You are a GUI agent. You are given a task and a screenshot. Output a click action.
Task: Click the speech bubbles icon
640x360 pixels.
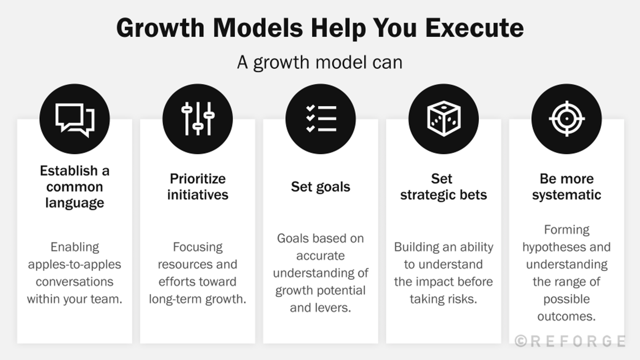click(75, 118)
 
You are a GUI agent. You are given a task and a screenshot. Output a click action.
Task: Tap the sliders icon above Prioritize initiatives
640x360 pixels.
click(198, 118)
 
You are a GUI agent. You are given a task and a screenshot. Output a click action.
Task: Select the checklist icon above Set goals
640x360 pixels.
click(321, 118)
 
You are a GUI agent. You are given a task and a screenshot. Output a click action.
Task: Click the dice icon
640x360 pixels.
click(443, 118)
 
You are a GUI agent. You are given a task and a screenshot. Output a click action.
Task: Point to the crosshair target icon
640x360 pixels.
click(566, 118)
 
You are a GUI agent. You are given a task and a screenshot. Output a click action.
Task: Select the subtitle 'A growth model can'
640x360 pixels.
click(320, 62)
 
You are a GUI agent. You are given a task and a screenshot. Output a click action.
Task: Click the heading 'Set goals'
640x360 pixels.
click(321, 187)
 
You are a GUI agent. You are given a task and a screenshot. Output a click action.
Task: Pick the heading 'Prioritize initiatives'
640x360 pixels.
click(198, 187)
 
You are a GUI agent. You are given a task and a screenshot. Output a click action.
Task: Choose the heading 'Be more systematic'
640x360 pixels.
click(566, 187)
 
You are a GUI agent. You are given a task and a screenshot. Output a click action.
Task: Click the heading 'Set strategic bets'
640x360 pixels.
click(443, 187)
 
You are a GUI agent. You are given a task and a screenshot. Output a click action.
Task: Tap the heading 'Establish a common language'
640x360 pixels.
click(75, 187)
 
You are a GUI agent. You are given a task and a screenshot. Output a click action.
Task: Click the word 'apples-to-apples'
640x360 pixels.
click(75, 265)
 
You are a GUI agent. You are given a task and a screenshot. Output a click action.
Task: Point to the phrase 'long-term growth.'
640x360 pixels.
click(198, 299)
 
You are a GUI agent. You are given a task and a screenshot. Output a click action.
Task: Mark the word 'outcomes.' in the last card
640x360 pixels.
click(566, 316)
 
